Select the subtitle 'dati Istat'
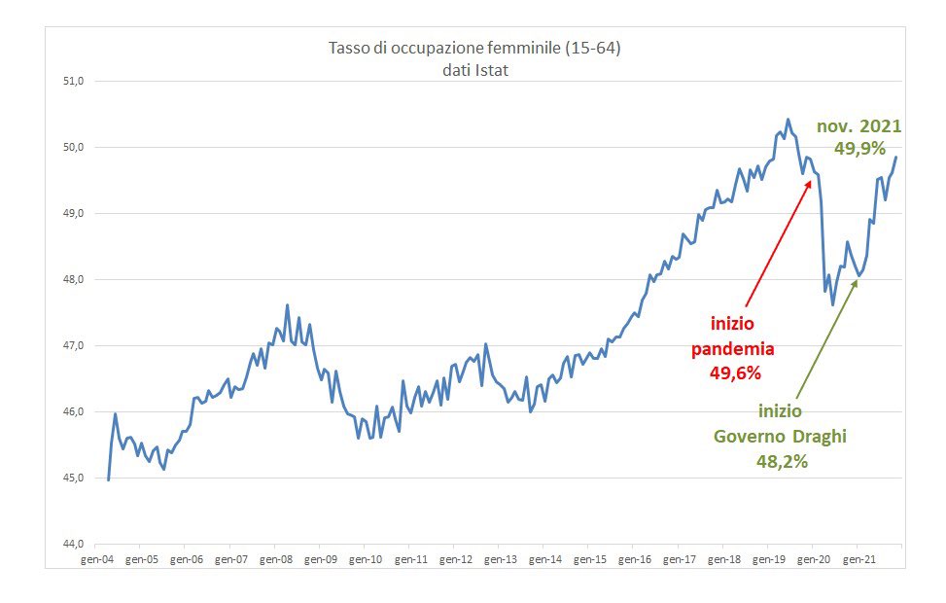pyautogui.click(x=473, y=70)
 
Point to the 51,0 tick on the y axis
pyautogui.click(x=75, y=82)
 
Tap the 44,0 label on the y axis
pyautogui.click(x=75, y=545)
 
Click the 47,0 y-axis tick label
pyautogui.click(x=75, y=346)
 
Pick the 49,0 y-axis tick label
pyautogui.click(x=75, y=214)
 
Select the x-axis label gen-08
pyautogui.click(x=276, y=560)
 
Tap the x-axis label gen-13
pyautogui.click(x=500, y=560)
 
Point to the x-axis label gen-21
pyautogui.click(x=857, y=560)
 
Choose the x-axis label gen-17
pyautogui.click(x=678, y=560)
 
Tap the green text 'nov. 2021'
pyautogui.click(x=858, y=126)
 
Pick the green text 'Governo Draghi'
pyautogui.click(x=781, y=437)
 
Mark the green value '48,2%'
pyautogui.click(x=783, y=461)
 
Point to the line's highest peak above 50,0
pyautogui.click(x=788, y=120)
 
